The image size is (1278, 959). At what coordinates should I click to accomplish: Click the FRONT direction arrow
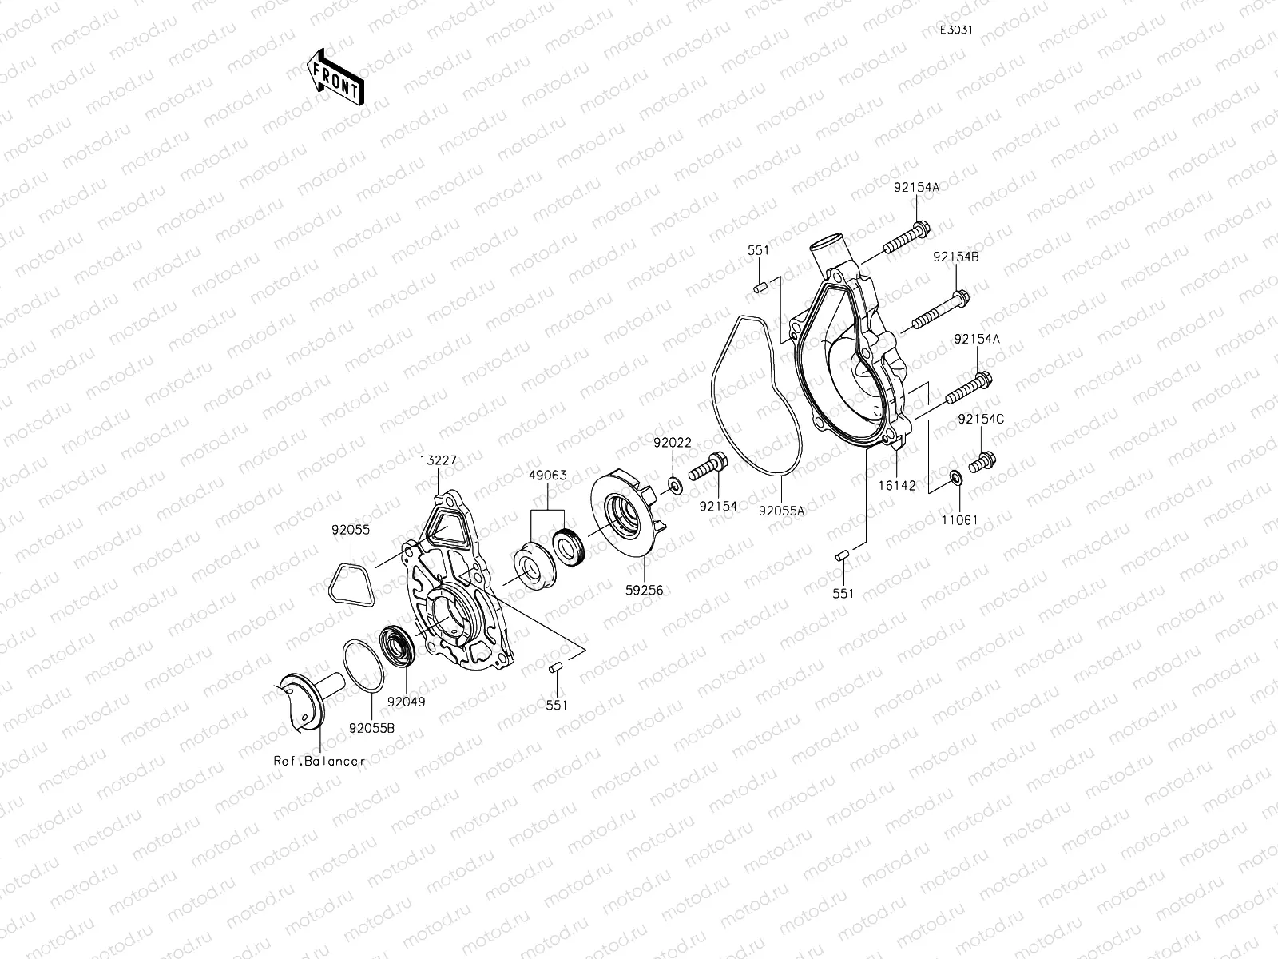(x=334, y=76)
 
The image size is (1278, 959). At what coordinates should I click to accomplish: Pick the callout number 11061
(x=958, y=520)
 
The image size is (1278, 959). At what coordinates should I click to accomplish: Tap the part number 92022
(x=673, y=442)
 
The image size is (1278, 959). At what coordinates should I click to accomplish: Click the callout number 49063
(x=547, y=475)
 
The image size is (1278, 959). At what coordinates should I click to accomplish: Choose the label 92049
(x=407, y=702)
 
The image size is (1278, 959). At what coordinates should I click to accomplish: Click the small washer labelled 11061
(x=955, y=479)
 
